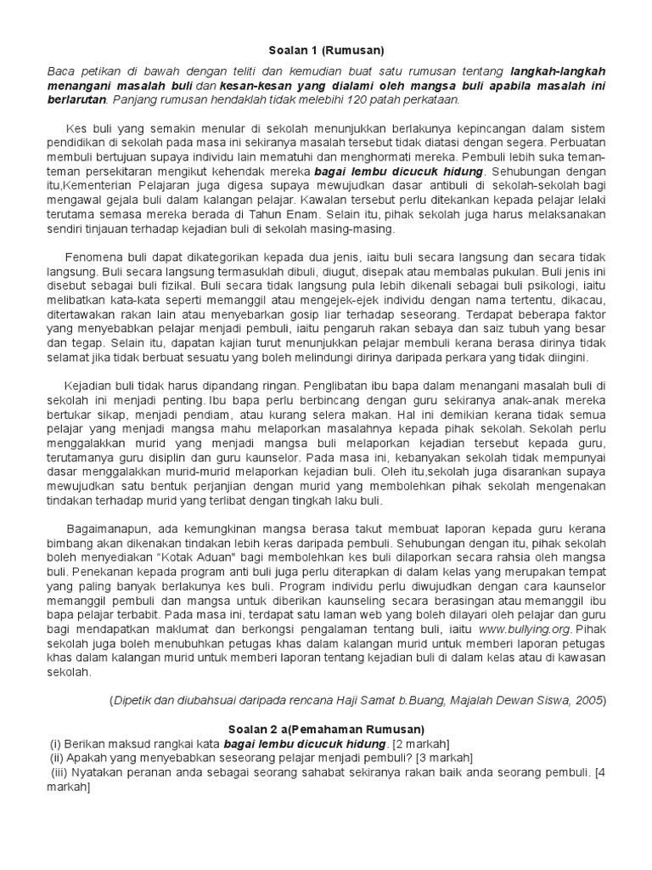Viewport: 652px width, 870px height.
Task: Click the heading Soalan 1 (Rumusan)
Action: (326, 49)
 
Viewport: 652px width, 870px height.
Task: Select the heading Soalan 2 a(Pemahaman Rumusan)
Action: (326, 729)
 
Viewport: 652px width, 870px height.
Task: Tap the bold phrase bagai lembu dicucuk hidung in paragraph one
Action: (397, 169)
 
